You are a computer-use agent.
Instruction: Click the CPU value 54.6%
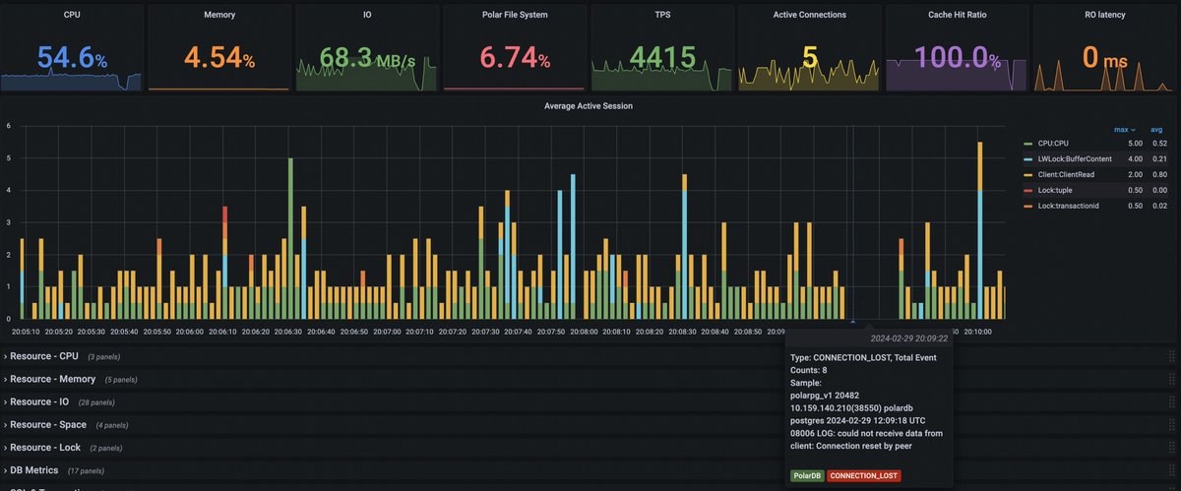[x=72, y=59]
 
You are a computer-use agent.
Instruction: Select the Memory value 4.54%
[x=219, y=59]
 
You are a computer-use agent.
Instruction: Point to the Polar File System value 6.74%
[x=515, y=59]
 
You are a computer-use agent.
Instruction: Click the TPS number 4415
[x=662, y=59]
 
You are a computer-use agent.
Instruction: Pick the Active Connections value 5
[x=810, y=59]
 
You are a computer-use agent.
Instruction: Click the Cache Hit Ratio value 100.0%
[x=958, y=59]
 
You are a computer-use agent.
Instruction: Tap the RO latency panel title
[x=1104, y=15]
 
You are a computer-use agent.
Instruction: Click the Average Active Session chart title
[x=589, y=106]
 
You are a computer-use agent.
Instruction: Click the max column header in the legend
[x=1121, y=129]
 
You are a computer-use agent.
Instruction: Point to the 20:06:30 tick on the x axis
[x=288, y=332]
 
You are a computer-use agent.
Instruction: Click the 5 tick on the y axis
[x=8, y=157]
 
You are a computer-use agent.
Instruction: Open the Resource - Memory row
[x=53, y=379]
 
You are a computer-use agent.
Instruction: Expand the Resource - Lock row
[x=45, y=447]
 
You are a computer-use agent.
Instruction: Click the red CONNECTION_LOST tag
[x=863, y=475]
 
